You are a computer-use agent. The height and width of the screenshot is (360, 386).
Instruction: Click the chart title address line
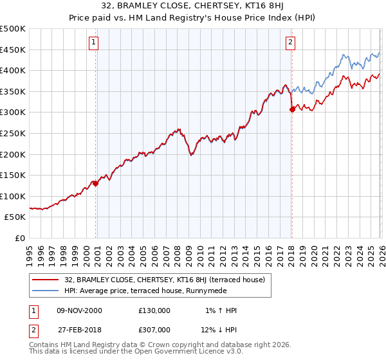[x=193, y=6]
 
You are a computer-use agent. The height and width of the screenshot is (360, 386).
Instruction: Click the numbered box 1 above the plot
[x=94, y=42]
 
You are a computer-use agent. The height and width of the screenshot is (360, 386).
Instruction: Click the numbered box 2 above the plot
[x=290, y=42]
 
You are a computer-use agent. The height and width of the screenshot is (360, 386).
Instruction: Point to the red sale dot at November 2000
[x=96, y=183]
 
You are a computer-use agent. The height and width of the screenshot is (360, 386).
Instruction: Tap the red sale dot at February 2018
[x=292, y=109]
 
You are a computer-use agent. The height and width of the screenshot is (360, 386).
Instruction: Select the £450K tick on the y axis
[x=13, y=50]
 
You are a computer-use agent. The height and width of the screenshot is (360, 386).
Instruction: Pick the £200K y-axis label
[x=13, y=154]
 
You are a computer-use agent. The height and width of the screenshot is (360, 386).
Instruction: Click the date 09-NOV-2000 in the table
[x=78, y=310]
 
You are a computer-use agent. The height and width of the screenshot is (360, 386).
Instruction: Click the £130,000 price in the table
[x=154, y=310]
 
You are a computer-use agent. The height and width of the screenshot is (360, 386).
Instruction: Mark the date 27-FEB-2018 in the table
[x=78, y=329]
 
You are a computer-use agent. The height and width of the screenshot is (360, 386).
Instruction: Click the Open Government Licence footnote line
[x=137, y=352]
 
